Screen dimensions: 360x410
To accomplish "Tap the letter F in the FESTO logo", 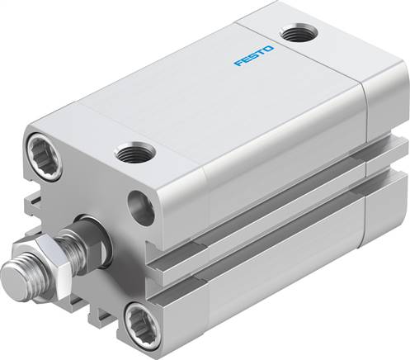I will [x=236, y=63].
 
